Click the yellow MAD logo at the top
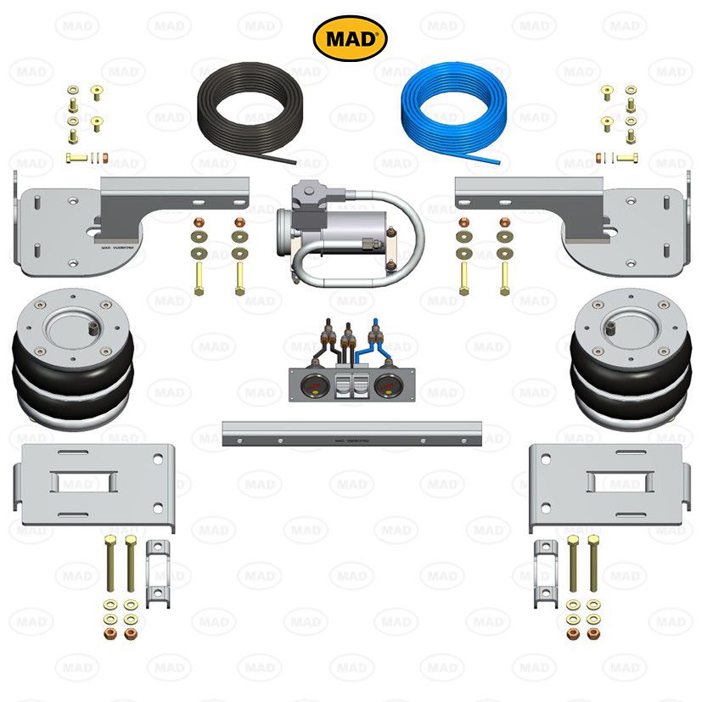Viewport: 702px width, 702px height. point(351,39)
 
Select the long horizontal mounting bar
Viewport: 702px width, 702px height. point(351,433)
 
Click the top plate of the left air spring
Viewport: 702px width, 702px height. point(73,318)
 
